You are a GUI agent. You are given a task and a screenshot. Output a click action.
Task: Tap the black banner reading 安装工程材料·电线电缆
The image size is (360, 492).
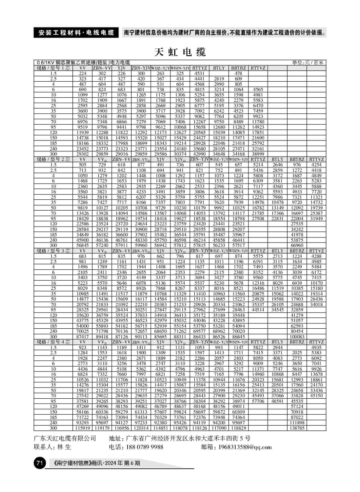pos(76,32)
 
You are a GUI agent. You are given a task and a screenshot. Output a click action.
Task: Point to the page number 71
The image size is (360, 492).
pos(39,463)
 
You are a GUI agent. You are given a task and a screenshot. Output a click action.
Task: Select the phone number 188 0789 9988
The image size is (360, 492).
pos(136,447)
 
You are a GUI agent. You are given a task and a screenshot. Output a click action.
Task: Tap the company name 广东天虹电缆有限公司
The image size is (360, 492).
pos(65,438)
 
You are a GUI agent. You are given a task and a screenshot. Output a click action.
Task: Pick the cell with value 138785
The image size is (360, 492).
pos(297,428)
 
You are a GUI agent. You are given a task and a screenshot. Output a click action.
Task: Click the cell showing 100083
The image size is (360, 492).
pos(297,337)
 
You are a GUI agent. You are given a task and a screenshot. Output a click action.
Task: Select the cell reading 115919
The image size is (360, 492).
pos(82,428)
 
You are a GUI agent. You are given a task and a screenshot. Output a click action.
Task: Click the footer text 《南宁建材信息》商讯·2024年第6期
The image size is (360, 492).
pos(97,464)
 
